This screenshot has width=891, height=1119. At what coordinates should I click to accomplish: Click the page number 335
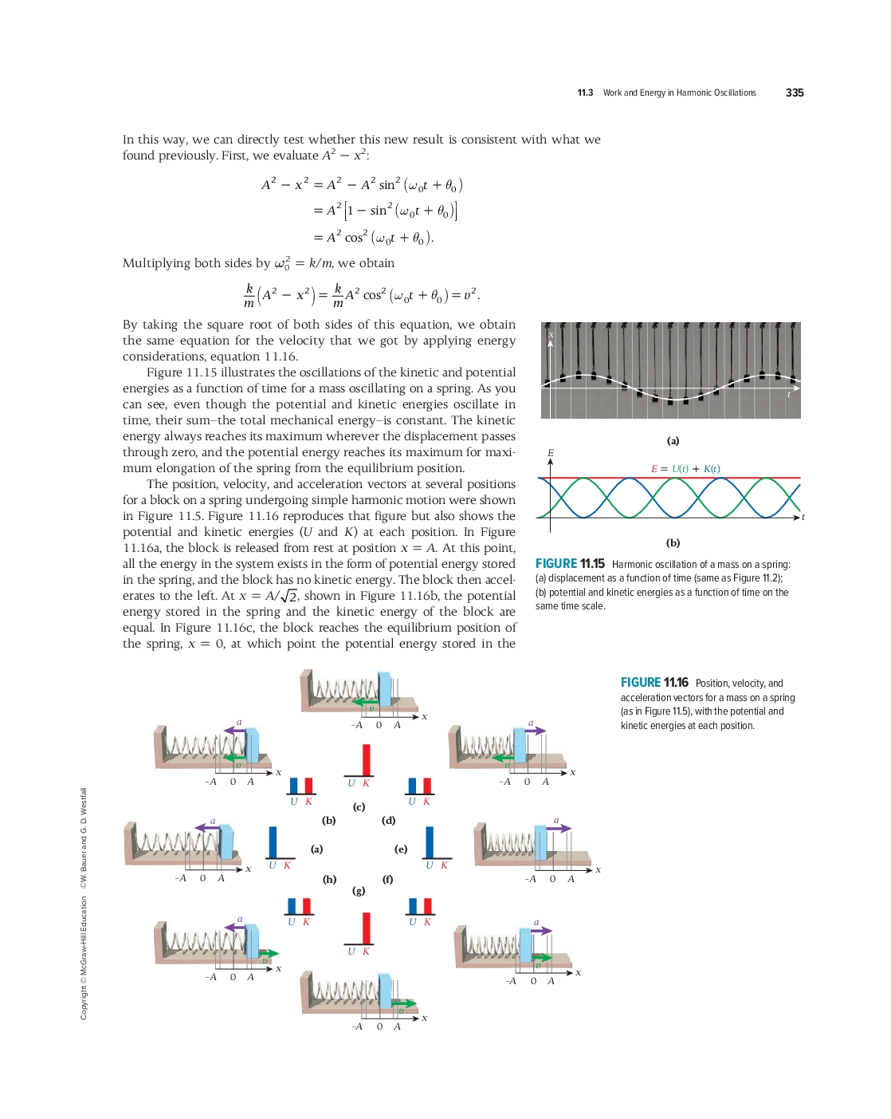pyautogui.click(x=794, y=93)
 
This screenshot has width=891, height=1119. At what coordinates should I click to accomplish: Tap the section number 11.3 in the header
pyautogui.click(x=585, y=93)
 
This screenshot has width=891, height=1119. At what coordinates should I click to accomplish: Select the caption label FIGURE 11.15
pyautogui.click(x=570, y=564)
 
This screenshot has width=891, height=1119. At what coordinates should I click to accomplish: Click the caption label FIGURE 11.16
pyautogui.click(x=654, y=683)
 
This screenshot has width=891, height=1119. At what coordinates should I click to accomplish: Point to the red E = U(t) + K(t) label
pyautogui.click(x=685, y=469)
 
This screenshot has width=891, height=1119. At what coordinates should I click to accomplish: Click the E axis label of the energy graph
pyautogui.click(x=550, y=453)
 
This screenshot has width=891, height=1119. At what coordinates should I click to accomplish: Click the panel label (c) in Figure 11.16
pyautogui.click(x=359, y=807)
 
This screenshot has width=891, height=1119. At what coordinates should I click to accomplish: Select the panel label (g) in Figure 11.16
pyautogui.click(x=359, y=890)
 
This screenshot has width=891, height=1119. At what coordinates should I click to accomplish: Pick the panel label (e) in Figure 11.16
pyautogui.click(x=401, y=849)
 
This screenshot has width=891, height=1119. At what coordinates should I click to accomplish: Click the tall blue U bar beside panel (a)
pyautogui.click(x=273, y=841)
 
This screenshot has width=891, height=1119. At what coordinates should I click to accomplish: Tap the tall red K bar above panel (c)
pyautogui.click(x=367, y=759)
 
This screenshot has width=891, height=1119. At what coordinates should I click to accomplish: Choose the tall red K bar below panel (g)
pyautogui.click(x=366, y=928)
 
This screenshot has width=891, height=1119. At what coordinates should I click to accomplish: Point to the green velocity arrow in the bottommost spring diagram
pyautogui.click(x=403, y=1003)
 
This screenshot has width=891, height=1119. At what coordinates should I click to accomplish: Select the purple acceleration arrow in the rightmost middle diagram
pyautogui.click(x=557, y=828)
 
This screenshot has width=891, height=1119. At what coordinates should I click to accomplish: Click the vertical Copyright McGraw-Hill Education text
pyautogui.click(x=84, y=957)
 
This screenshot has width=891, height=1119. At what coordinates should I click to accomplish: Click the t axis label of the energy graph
pyautogui.click(x=803, y=518)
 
